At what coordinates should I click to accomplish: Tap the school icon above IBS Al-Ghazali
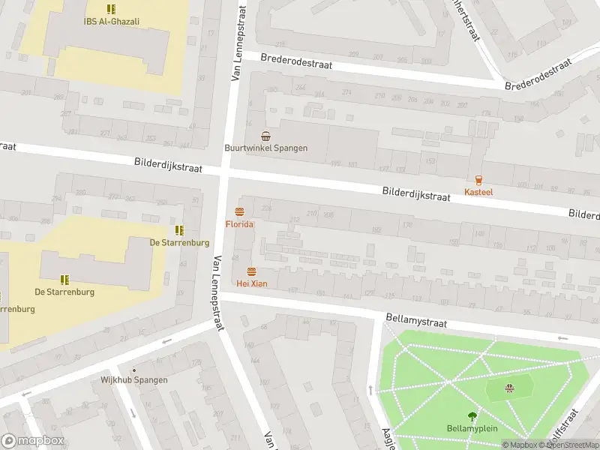111,10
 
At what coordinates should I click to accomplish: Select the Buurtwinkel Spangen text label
265,148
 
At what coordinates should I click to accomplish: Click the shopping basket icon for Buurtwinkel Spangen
265,136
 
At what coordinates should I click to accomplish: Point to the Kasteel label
478,192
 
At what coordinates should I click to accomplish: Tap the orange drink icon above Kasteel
478,179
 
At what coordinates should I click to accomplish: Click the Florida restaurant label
240,224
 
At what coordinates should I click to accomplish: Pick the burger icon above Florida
240,211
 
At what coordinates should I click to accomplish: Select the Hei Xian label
251,283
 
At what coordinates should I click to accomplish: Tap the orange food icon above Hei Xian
251,271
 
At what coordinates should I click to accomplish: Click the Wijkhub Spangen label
134,380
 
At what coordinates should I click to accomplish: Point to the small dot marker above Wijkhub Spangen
134,370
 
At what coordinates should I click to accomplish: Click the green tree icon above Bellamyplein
472,416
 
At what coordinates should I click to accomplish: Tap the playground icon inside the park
510,388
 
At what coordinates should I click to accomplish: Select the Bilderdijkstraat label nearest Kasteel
415,195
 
